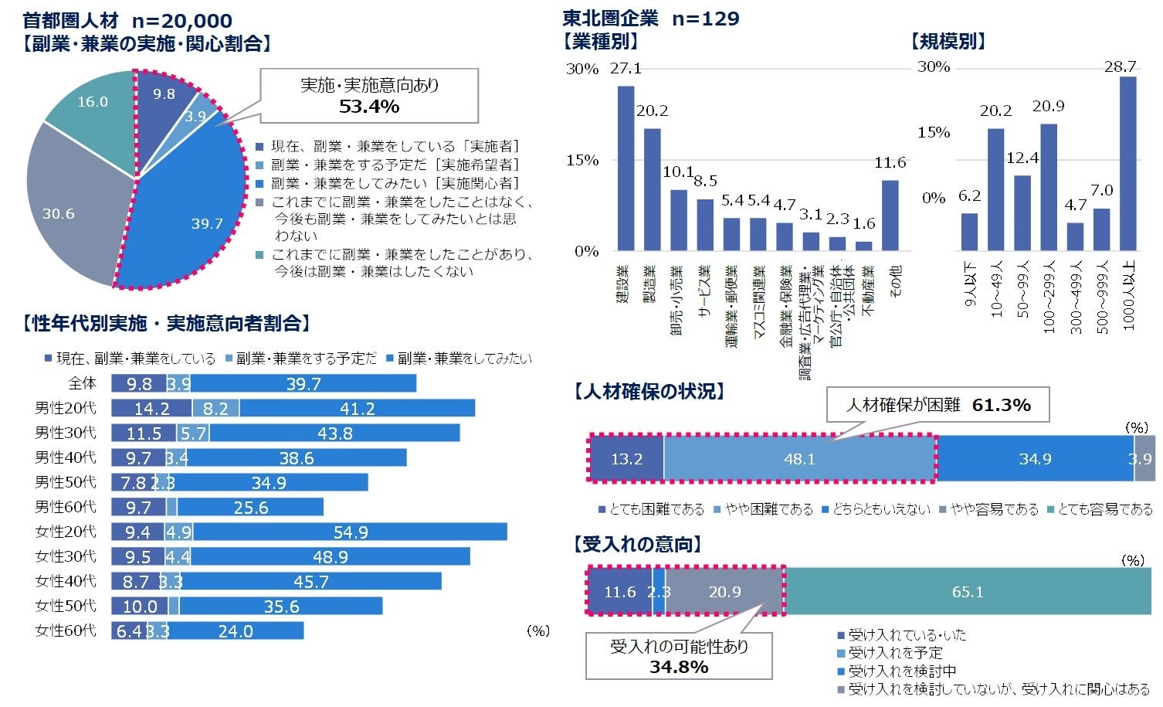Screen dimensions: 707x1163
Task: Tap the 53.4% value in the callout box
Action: [x=368, y=107]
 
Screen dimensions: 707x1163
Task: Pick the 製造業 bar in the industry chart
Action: [x=652, y=189]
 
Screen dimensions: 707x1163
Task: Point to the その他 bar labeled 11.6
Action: [x=890, y=216]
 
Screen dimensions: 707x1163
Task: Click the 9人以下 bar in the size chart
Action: [x=969, y=232]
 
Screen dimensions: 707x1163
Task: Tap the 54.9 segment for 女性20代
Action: [x=350, y=532]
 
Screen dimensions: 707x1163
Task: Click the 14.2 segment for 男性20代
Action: [x=151, y=409]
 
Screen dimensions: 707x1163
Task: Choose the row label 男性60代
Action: [x=66, y=507]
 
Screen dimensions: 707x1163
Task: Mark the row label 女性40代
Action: [x=66, y=581]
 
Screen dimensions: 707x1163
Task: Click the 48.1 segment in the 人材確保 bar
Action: [x=799, y=459]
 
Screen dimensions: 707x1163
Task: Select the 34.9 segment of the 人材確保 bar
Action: [x=1035, y=459]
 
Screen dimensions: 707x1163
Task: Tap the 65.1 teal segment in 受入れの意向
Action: [x=967, y=592]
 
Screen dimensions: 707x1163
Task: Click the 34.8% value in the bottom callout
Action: [x=678, y=667]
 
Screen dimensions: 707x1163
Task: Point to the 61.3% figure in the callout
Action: [x=1001, y=405]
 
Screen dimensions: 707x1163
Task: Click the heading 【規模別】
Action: [x=948, y=42]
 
